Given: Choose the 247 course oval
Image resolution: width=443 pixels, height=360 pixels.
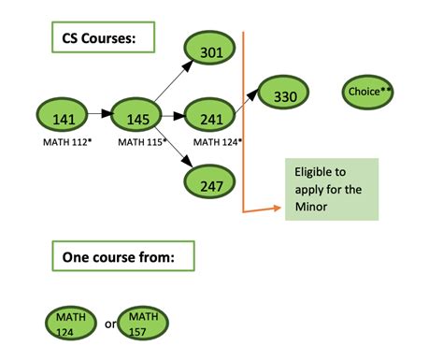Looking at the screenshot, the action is click(x=212, y=184).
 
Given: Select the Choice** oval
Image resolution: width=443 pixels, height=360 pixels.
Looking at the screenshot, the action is click(x=369, y=92).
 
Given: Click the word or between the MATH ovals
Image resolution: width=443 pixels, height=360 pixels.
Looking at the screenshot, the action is click(x=110, y=324).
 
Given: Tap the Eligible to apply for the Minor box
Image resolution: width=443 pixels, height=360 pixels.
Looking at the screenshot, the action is click(x=332, y=190).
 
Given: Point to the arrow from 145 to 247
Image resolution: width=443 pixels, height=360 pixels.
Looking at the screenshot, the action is click(x=175, y=151).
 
